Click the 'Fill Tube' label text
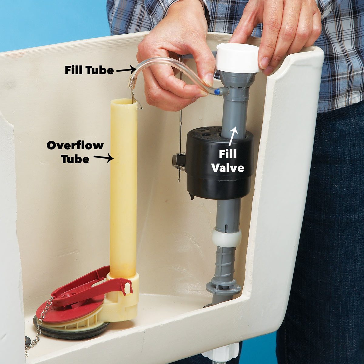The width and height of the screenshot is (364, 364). [x=89, y=70]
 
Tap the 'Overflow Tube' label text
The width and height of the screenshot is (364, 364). [x=75, y=152]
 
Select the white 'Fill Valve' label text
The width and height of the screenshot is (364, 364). [x=227, y=161]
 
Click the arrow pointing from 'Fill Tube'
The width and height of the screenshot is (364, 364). [x=124, y=70]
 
